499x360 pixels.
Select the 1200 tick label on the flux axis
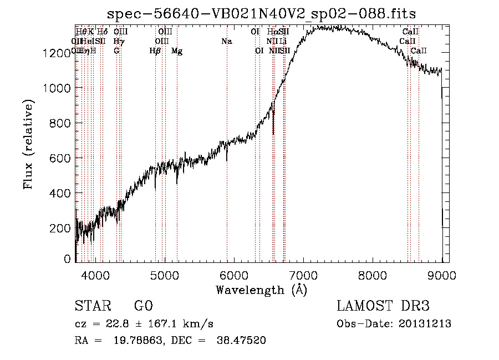coord(57,53)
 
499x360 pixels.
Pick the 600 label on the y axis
coord(60,158)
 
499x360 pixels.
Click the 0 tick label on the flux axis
coord(67,259)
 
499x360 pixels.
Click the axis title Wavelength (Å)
coord(261,290)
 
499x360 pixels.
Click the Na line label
coord(226,42)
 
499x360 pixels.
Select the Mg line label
coord(177,51)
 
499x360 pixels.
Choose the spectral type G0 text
coord(143,306)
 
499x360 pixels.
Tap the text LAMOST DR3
coord(383,306)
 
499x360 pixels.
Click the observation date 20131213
coord(426,324)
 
